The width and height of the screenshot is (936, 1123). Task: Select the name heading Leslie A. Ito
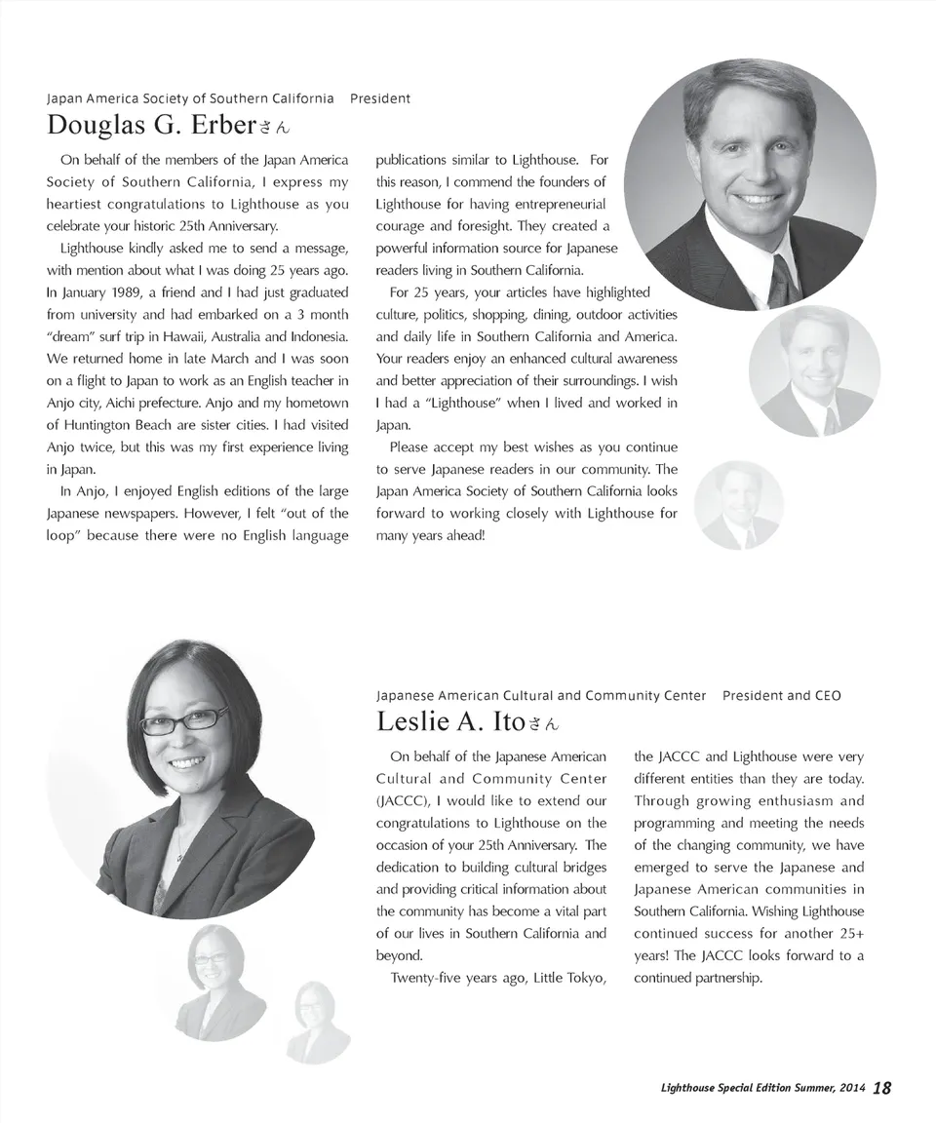[450, 722]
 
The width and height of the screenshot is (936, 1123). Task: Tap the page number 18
[881, 1088]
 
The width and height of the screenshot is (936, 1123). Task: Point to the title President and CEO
[781, 696]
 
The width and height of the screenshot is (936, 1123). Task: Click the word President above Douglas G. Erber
[379, 98]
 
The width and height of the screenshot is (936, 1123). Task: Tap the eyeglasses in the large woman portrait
[183, 720]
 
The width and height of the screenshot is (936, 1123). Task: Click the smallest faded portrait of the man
[739, 505]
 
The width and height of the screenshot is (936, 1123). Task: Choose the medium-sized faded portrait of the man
[814, 370]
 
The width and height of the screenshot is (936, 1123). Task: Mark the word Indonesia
[314, 336]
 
